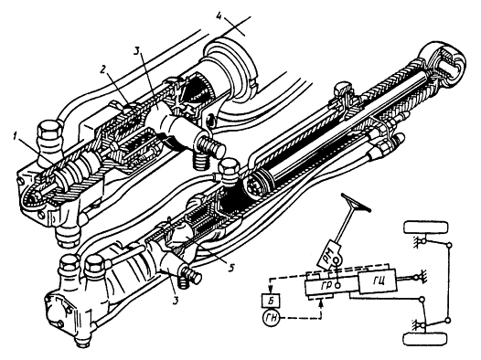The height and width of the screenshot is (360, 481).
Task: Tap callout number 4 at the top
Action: coord(219,16)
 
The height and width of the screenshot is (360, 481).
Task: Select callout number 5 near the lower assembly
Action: coord(231,267)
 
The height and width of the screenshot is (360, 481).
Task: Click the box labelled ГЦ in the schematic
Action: coord(377,279)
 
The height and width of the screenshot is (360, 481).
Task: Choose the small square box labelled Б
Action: coord(273,302)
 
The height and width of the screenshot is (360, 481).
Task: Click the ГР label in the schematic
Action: coord(326,285)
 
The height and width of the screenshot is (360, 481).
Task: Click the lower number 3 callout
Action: coord(176,301)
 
